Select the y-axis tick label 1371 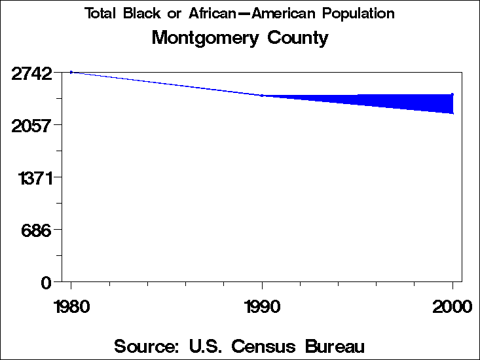point(34,177)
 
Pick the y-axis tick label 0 point(46,282)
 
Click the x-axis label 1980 point(71,307)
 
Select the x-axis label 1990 point(262,307)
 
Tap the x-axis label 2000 point(452,307)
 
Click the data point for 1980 point(71,72)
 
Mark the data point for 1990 point(262,96)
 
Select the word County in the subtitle point(298,38)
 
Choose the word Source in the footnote point(144,345)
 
